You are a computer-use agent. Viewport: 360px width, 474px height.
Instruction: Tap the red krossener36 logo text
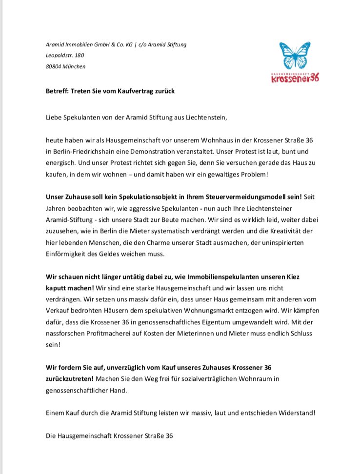[295, 79]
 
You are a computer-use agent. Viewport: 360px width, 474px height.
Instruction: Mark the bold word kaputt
[57, 288]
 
